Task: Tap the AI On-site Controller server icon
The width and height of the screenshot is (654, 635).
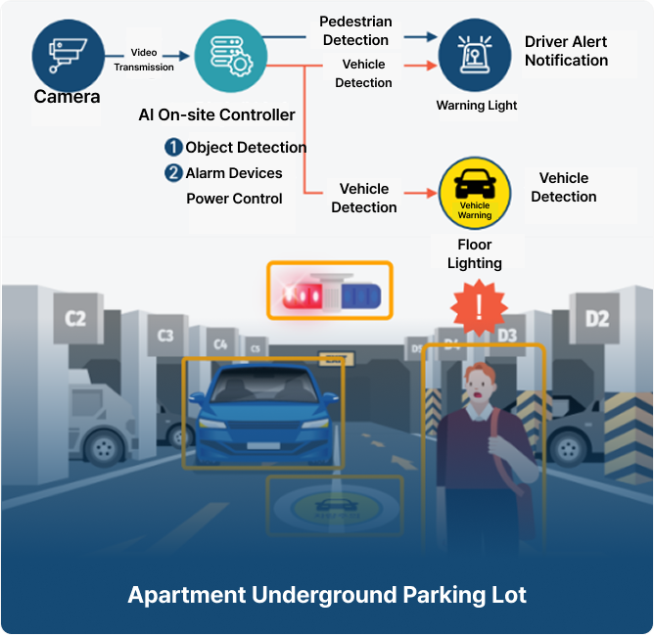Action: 231,55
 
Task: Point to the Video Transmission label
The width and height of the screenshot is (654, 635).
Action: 144,60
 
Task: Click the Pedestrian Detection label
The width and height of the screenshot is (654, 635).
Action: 354,30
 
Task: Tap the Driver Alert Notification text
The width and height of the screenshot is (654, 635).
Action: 566,51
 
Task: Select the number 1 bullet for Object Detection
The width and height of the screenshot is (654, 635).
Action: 173,148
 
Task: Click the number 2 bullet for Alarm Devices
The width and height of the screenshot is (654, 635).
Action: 173,173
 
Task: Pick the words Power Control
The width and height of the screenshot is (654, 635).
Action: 234,199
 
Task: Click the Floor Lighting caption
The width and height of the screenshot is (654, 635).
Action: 475,253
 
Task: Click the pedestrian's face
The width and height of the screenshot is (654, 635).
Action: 481,387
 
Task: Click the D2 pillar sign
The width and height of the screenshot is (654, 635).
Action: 596,319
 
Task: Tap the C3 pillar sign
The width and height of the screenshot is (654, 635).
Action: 165,336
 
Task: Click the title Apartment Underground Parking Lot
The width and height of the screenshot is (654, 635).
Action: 327,595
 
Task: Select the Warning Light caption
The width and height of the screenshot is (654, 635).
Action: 476,105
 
